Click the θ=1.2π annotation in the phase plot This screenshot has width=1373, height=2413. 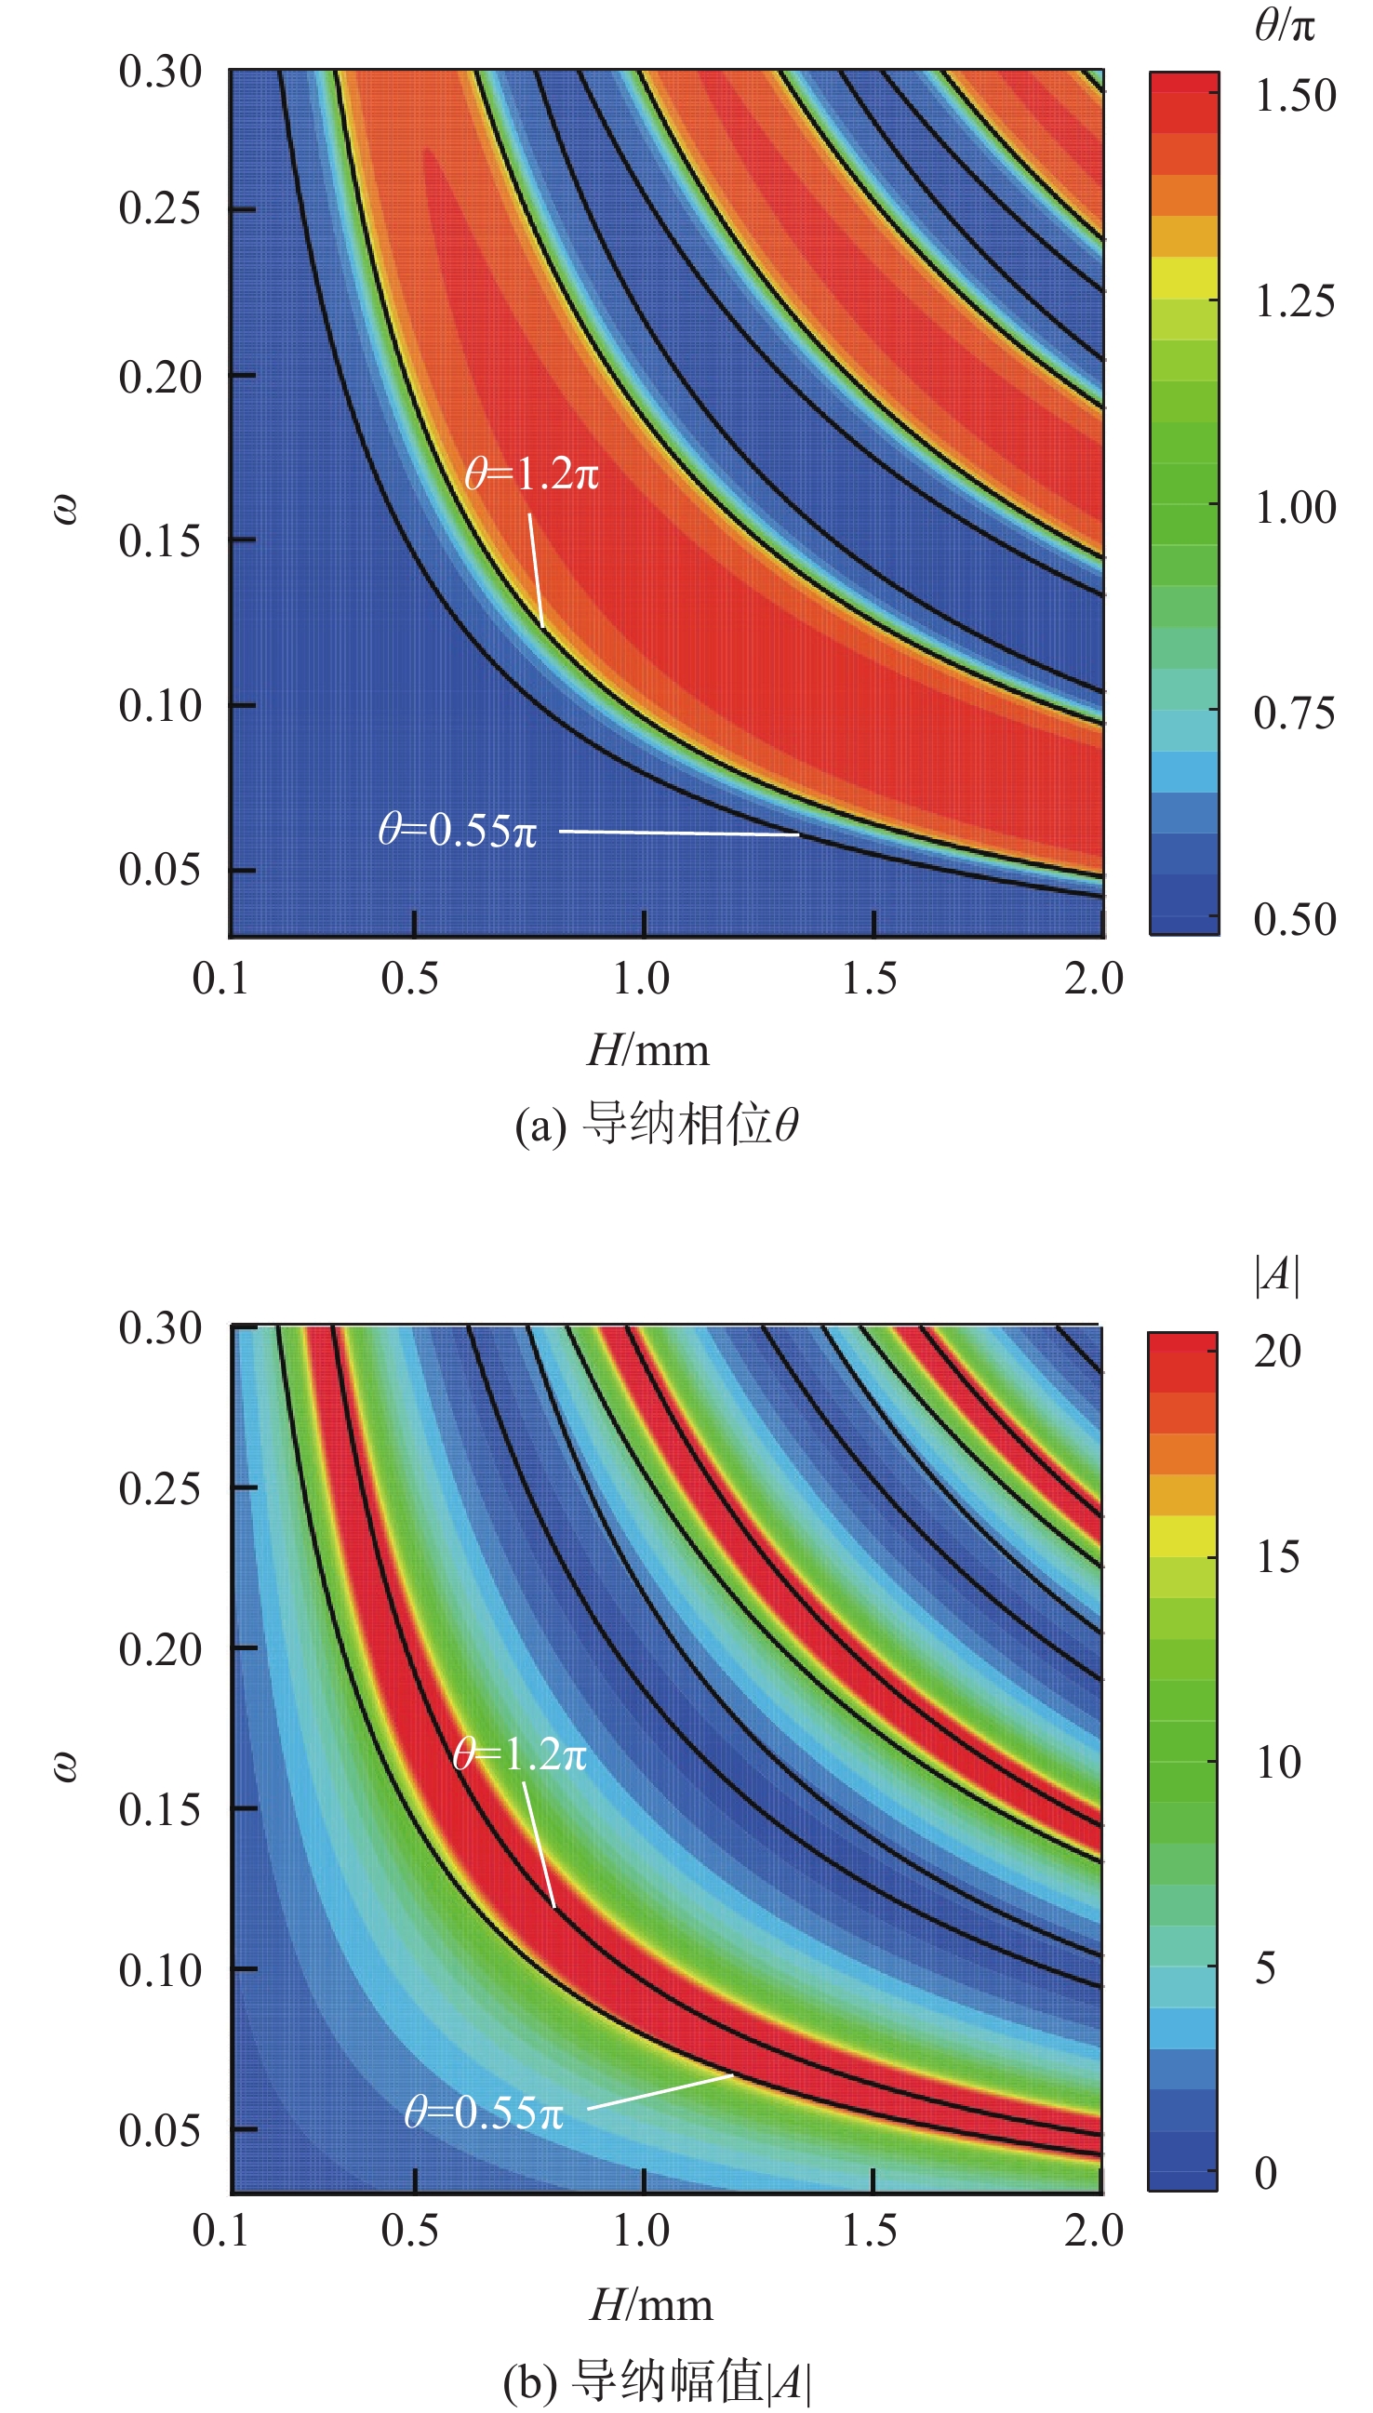pyautogui.click(x=532, y=473)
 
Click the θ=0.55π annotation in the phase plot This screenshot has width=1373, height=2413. pyautogui.click(x=458, y=830)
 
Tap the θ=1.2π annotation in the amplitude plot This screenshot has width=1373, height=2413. pyautogui.click(x=520, y=1753)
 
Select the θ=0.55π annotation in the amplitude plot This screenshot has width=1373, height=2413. pyautogui.click(x=484, y=2113)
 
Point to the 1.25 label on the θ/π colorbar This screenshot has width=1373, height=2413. pyautogui.click(x=1295, y=301)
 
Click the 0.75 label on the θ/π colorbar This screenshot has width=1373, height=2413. pyautogui.click(x=1295, y=713)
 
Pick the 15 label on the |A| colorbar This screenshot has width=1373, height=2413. pyautogui.click(x=1279, y=1557)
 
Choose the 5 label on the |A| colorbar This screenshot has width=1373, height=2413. pyautogui.click(x=1266, y=1968)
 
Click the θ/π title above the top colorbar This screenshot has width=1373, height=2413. pyautogui.click(x=1285, y=23)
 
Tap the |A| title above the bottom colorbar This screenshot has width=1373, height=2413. pyautogui.click(x=1277, y=1274)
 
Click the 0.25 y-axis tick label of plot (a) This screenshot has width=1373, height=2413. pyautogui.click(x=160, y=208)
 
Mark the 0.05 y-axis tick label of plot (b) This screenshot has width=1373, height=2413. pyautogui.click(x=160, y=2129)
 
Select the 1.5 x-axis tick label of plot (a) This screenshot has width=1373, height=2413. pyautogui.click(x=870, y=979)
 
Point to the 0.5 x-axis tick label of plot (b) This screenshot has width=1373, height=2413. pyautogui.click(x=410, y=2230)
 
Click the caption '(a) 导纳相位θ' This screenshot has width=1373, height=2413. pyautogui.click(x=658, y=1124)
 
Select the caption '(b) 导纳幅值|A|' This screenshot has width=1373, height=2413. pyautogui.click(x=658, y=2380)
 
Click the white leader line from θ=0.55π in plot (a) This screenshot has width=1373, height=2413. pyautogui.click(x=679, y=833)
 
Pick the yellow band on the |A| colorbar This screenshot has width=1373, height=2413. pyautogui.click(x=1182, y=1536)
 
